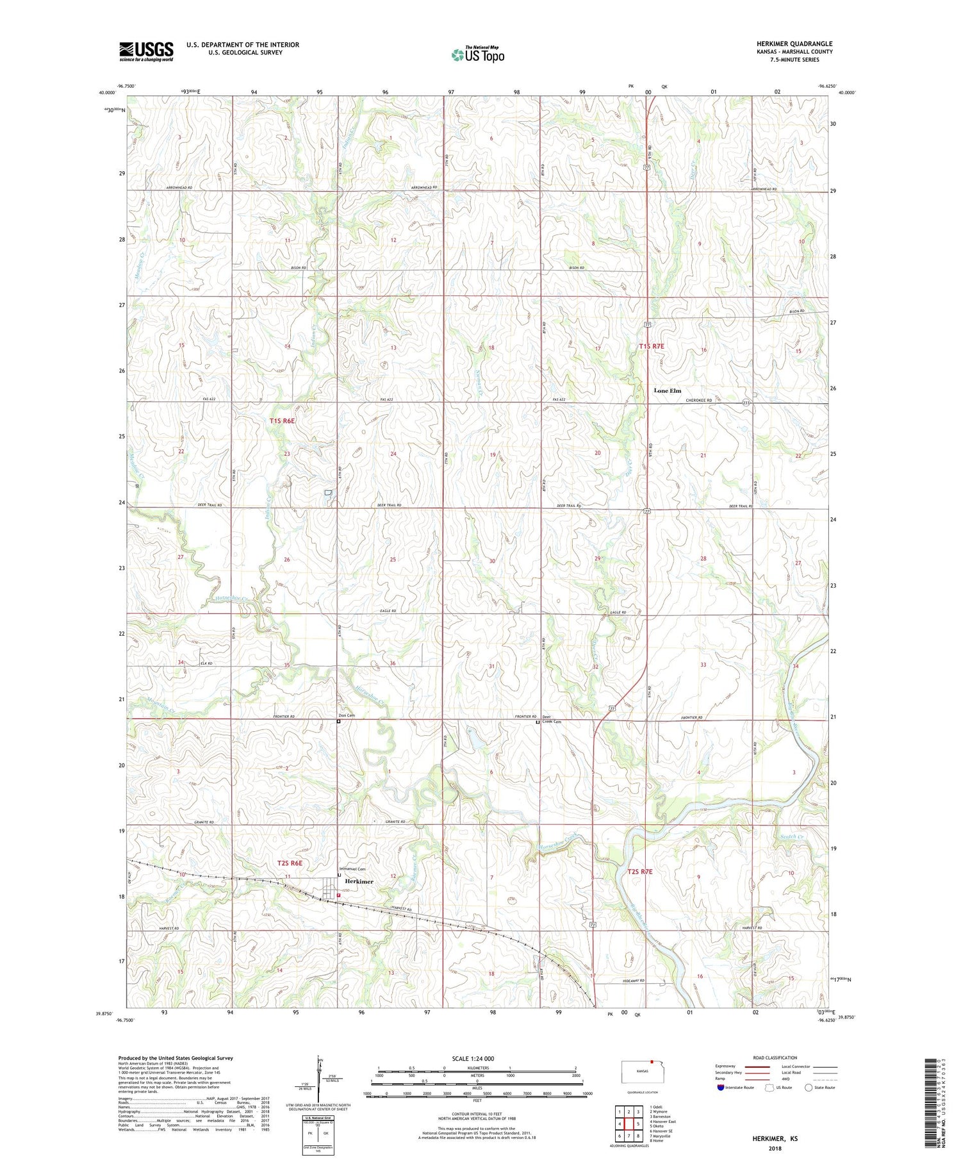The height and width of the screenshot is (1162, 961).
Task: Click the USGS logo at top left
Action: point(146,51)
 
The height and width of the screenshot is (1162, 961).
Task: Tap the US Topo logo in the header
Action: point(477,55)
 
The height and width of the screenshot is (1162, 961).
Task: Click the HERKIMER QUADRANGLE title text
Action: point(794,44)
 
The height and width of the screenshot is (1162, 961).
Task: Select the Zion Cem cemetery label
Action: point(347,715)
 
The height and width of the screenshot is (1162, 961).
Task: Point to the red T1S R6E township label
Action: point(282,420)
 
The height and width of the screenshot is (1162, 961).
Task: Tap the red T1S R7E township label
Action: point(652,346)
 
